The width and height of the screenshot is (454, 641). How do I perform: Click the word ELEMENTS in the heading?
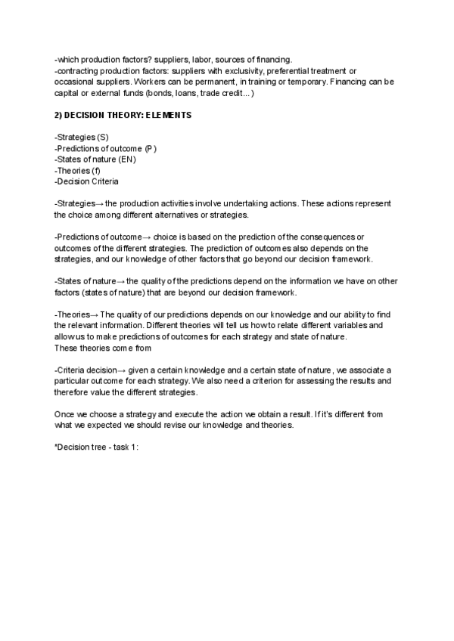168,116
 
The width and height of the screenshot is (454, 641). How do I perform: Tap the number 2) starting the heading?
58,116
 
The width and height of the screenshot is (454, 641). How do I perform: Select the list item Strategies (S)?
82,138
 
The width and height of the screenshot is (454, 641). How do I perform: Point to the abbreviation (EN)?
127,159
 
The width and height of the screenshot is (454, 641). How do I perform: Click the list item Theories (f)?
78,170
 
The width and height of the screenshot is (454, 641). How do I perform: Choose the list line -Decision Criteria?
86,181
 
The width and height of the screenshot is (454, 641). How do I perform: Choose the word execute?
187,415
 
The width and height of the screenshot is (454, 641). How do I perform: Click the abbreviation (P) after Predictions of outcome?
151,149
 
